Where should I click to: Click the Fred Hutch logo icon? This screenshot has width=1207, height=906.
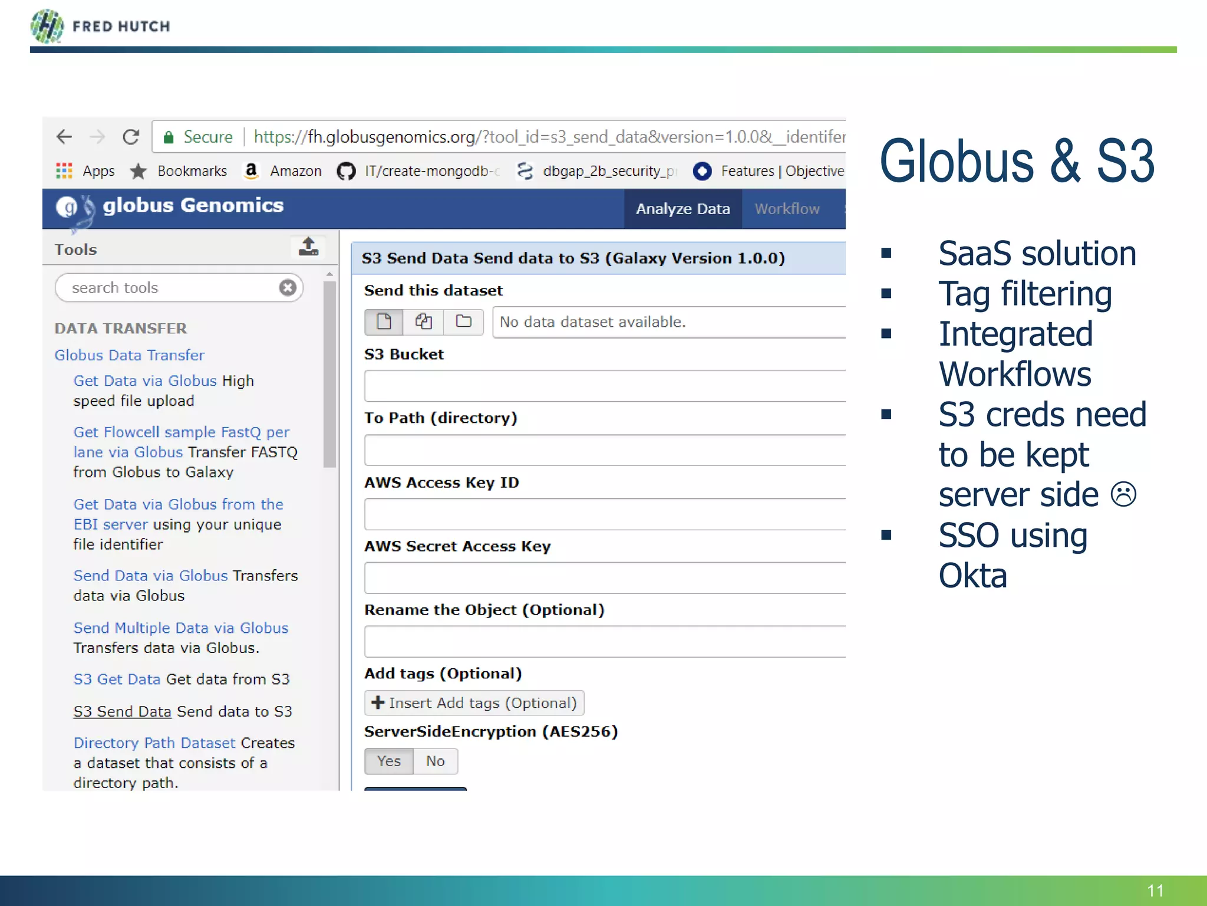pos(47,27)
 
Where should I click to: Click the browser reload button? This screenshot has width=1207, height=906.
pos(131,137)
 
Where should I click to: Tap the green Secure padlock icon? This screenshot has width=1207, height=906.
pos(169,138)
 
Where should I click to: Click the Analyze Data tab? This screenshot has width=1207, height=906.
pos(682,209)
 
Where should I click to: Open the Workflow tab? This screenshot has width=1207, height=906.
pos(787,209)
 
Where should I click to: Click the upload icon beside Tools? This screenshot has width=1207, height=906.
pos(308,247)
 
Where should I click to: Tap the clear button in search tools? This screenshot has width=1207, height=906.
pos(288,287)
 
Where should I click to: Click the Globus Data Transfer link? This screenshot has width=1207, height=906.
pos(130,355)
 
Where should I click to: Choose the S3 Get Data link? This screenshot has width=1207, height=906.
pos(117,679)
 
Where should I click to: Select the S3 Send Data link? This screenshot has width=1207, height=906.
pos(122,711)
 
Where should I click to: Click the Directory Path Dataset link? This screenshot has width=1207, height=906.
pos(154,743)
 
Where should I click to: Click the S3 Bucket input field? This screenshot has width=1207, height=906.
pos(605,386)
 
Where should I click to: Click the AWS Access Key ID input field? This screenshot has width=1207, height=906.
pos(605,514)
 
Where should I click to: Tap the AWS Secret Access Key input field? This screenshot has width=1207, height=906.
pos(605,577)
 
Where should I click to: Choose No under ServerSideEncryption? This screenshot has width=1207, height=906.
pos(435,761)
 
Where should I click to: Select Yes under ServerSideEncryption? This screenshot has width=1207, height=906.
pos(389,761)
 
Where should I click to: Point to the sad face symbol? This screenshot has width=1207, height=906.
pos(1123,494)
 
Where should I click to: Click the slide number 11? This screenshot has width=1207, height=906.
pos(1155,890)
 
